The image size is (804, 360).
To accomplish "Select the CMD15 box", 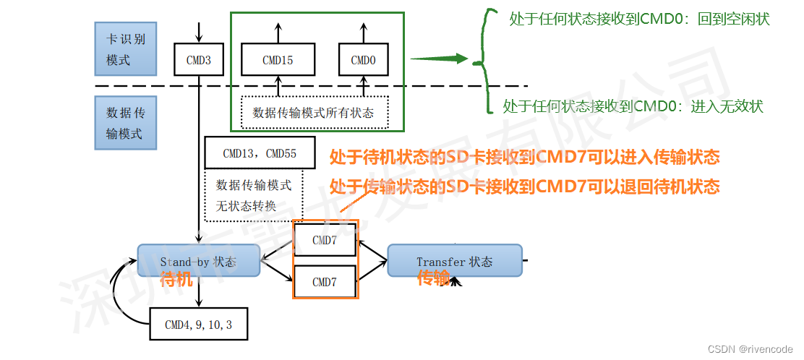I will coord(278,60).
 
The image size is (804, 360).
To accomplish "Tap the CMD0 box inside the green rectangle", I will coord(363,60).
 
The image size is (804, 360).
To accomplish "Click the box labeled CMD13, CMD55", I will coord(260,153).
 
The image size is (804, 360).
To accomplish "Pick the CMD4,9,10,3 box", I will coord(198,325).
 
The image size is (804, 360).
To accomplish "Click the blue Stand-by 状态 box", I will coord(198,261).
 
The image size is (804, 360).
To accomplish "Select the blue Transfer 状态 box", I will coord(454,261).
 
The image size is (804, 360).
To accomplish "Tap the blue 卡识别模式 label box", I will coord(126,49).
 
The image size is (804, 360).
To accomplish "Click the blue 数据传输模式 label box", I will coord(126,123).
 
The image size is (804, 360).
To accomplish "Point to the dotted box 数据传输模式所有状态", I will coord(314,113).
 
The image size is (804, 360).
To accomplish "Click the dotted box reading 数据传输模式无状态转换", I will coord(254,195).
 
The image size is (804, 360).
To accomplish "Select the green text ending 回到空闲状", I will coord(639,20).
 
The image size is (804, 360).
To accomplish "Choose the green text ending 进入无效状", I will coord(633,106).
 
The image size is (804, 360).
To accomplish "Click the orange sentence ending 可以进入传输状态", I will coord(524,157).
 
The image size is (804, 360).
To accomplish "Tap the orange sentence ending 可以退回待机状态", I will coord(524,187).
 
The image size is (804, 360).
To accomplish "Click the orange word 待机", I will coord(176,279).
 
